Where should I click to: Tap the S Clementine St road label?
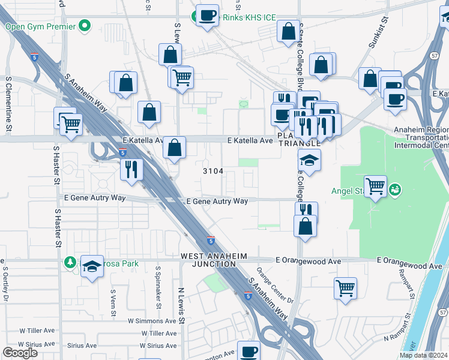pos(8,103)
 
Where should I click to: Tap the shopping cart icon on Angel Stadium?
pos(375,185)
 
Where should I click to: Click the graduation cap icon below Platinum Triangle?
pos(310,160)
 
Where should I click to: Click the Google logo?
pos(20,353)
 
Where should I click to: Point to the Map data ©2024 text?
pos(423,355)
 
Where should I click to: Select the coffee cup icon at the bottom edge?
pos(249,352)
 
